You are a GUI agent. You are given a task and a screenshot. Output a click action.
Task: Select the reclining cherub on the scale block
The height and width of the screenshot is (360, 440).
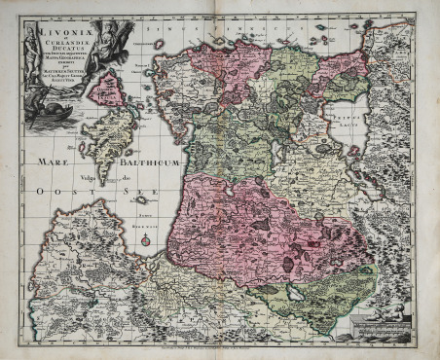pos(395,312)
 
